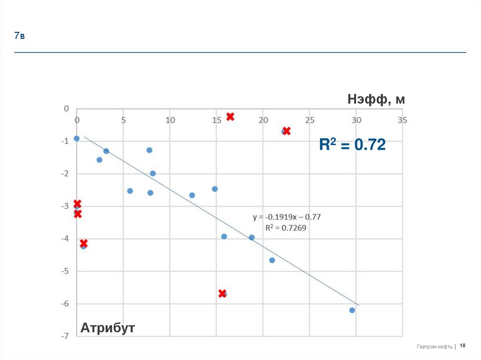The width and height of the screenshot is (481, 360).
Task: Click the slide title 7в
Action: coord(19,36)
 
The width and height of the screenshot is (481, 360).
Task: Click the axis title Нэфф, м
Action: coord(376,100)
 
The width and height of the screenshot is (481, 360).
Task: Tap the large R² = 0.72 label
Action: coord(352,145)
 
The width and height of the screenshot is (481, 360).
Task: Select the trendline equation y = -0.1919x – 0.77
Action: coord(286,217)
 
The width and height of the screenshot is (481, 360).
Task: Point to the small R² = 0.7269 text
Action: coord(286,228)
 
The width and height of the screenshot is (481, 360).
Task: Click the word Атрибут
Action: coord(108,328)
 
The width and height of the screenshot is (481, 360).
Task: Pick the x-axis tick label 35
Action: coord(402,120)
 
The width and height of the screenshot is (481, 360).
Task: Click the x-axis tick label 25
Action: coord(309,120)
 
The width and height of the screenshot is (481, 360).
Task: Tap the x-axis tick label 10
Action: coord(170,120)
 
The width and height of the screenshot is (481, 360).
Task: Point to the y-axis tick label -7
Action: coord(66,336)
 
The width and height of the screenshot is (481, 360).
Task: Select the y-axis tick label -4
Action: coord(66,238)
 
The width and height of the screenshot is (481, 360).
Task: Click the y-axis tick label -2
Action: coord(66,174)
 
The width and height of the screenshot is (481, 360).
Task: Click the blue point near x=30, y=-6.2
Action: coord(352,310)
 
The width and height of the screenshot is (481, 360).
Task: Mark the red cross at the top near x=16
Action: coord(230,116)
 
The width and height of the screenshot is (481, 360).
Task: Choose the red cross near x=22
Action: coord(287,131)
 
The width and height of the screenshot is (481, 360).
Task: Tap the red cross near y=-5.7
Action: coord(222,293)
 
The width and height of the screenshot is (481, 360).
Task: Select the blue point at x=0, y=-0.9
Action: coord(77,138)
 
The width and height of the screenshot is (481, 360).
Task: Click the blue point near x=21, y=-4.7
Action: coord(272,260)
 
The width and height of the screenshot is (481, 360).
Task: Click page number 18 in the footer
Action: coord(463,346)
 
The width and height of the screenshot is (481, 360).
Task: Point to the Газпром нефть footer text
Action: coord(434,346)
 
